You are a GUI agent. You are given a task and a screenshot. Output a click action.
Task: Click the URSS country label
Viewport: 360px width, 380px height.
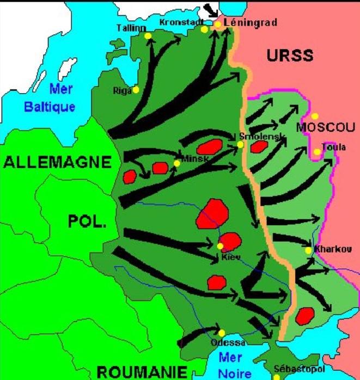point(289,55)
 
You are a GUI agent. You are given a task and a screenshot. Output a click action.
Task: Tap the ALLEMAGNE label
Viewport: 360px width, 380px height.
point(57,162)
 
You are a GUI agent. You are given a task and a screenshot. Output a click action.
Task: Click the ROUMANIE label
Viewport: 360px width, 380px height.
point(141,372)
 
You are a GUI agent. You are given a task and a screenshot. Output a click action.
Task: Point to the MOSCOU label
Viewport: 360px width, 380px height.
point(325,127)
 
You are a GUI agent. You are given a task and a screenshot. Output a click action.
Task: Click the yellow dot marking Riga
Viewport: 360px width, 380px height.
point(136,90)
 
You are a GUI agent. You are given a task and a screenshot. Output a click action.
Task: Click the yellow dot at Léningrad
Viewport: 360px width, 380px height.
point(217,24)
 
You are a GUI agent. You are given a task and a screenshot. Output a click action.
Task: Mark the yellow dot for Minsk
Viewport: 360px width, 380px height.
point(176,163)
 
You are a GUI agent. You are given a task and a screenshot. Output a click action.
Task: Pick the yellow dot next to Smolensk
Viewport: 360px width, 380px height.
point(240,144)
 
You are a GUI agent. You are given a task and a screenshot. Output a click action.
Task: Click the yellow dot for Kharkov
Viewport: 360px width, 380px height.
point(308,250)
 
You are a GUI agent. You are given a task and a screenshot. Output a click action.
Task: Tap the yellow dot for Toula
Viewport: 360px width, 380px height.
point(317,152)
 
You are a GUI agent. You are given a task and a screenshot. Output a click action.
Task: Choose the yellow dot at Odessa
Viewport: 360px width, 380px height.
point(222,333)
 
